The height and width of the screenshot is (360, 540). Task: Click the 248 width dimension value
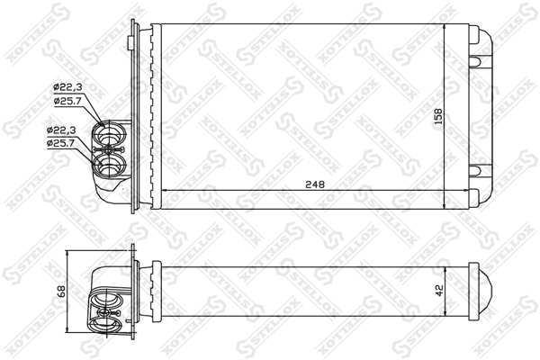coord(315,184)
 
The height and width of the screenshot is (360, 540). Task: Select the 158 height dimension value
coord(438,117)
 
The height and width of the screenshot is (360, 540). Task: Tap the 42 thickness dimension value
coord(439,290)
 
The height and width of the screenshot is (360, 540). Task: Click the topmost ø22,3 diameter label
coord(67,87)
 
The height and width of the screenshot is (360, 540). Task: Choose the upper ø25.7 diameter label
coord(67,101)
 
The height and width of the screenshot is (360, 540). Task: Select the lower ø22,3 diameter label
coord(61,130)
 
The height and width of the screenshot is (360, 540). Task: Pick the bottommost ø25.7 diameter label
coord(61,143)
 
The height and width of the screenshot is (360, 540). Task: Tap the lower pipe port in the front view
coord(110,165)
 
